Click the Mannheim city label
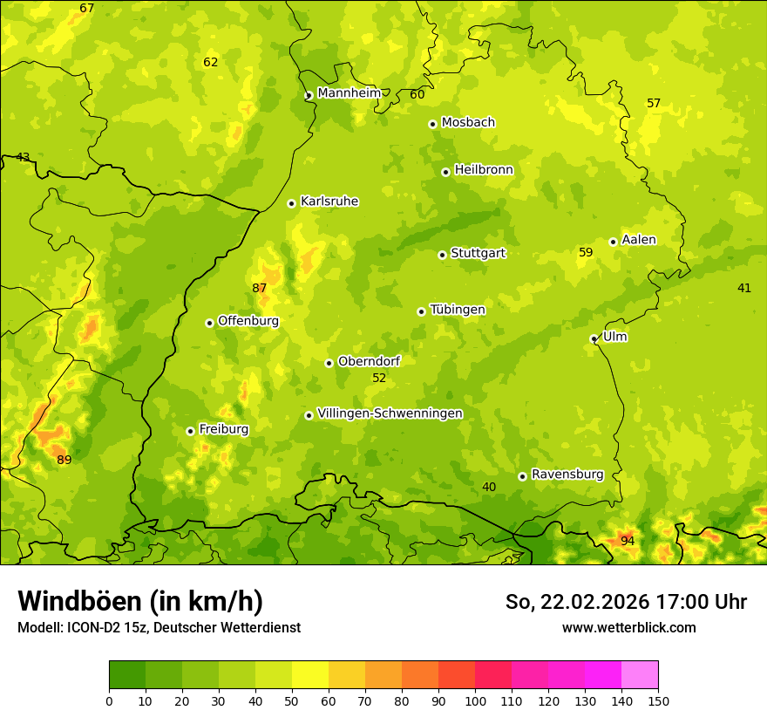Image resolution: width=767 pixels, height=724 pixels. [x=350, y=93]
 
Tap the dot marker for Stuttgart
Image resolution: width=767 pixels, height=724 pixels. [x=442, y=255]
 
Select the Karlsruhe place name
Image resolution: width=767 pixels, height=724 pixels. [x=329, y=201]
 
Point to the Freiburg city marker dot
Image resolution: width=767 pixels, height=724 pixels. [x=190, y=431]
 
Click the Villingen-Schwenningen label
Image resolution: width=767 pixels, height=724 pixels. [x=390, y=413]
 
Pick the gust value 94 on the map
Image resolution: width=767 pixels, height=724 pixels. [x=628, y=542]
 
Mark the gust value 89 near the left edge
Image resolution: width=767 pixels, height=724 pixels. [x=64, y=460]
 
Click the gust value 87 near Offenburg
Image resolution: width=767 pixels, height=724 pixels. [x=260, y=289]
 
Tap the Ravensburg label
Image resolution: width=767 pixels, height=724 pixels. [x=567, y=475]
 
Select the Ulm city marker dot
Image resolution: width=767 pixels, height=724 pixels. [x=594, y=338]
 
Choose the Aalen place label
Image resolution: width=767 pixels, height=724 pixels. [x=639, y=240]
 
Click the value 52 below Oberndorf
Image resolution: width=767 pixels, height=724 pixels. [x=379, y=379]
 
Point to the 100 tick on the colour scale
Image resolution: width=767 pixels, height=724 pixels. [x=475, y=700]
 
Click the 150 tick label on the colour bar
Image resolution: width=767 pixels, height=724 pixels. [x=658, y=700]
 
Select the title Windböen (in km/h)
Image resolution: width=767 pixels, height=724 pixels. [x=140, y=601]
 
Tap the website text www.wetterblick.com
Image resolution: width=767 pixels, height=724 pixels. [x=628, y=627]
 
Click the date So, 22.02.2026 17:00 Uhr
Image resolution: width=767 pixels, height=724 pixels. [x=626, y=602]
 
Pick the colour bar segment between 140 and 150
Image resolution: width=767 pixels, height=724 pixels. [x=640, y=674]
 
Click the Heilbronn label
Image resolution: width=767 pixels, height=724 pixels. [x=484, y=170]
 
